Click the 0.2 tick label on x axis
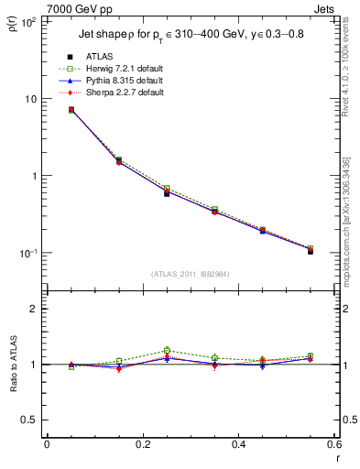(143, 445)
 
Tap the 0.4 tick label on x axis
(238, 445)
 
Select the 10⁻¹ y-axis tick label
(27, 253)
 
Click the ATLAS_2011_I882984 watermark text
(191, 274)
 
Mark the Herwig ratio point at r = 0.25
(167, 350)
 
